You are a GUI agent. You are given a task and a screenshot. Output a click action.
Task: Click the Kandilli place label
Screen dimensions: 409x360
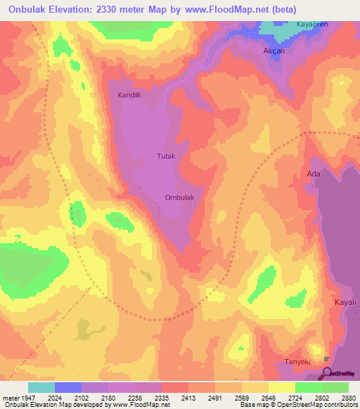coord(130,94)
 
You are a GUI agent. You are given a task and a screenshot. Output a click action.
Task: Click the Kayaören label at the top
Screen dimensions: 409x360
coord(313,24)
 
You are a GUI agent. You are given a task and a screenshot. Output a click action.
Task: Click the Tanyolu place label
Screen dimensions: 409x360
coord(297,361)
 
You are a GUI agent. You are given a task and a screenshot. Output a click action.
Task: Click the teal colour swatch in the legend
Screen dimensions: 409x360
coord(41,387)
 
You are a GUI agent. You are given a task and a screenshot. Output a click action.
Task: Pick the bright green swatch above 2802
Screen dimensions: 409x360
coord(309,387)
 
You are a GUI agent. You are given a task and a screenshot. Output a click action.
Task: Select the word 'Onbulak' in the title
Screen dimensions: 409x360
coord(30,10)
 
